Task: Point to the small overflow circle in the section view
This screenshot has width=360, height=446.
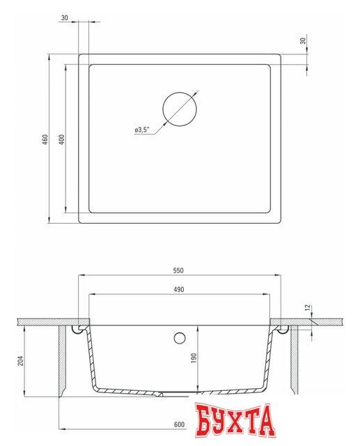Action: pyautogui.click(x=180, y=338)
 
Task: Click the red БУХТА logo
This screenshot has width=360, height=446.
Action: pyautogui.click(x=234, y=420)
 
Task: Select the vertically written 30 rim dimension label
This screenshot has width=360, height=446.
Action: pyautogui.click(x=303, y=41)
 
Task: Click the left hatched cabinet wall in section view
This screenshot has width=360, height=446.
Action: pyautogui.click(x=63, y=359)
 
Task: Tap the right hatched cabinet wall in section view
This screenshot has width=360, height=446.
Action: pyautogui.click(x=295, y=359)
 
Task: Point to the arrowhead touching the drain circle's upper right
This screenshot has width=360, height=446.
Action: pyautogui.click(x=195, y=94)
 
